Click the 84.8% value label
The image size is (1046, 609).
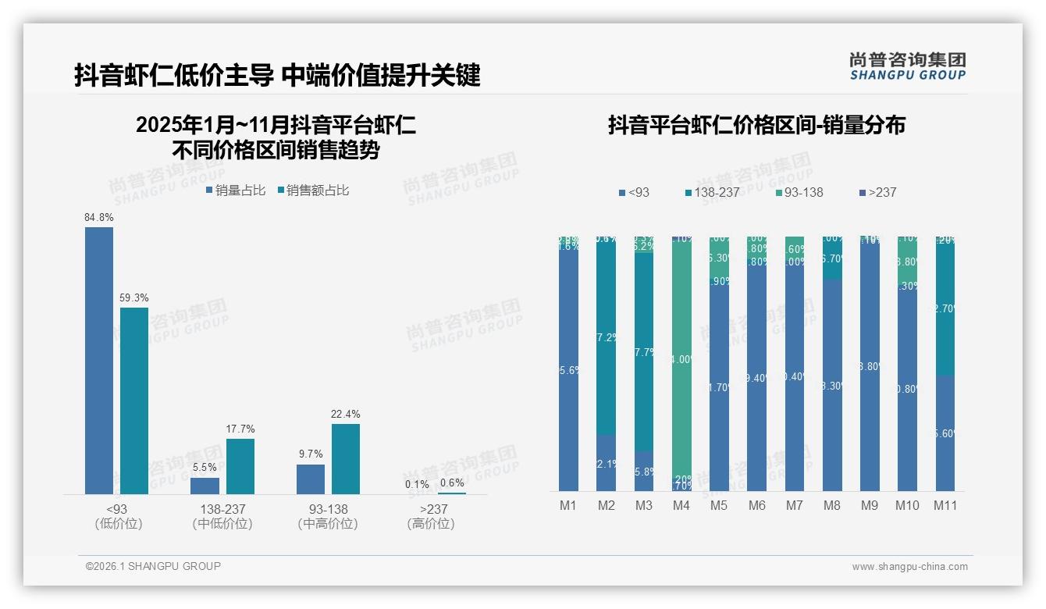click(x=99, y=217)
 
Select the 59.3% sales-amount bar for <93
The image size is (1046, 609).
click(x=134, y=400)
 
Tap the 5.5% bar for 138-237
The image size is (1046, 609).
click(x=205, y=486)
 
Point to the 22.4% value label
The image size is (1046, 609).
click(x=346, y=414)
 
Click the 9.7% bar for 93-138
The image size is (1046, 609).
click(x=311, y=479)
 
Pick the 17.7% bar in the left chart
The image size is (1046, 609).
click(x=240, y=466)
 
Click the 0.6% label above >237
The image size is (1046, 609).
click(x=452, y=483)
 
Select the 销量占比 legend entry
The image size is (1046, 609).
click(x=236, y=191)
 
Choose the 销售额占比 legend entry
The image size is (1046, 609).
click(x=313, y=191)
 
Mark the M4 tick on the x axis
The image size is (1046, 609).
click(x=681, y=505)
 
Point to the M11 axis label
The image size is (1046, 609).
click(x=945, y=505)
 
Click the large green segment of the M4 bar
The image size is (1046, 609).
click(x=681, y=359)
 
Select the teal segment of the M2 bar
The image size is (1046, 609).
click(x=607, y=336)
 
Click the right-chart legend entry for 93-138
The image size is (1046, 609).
click(x=800, y=193)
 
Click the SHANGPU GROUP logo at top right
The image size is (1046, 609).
click(x=908, y=66)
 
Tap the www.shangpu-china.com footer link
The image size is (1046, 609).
click(x=909, y=567)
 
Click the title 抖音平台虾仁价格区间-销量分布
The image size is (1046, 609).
click(x=756, y=125)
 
